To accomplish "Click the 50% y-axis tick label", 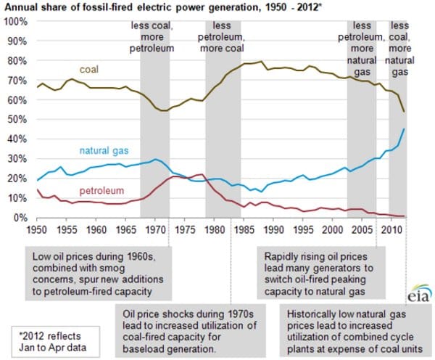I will (x=18, y=119).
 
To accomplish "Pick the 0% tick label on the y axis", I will (x=21, y=218).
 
